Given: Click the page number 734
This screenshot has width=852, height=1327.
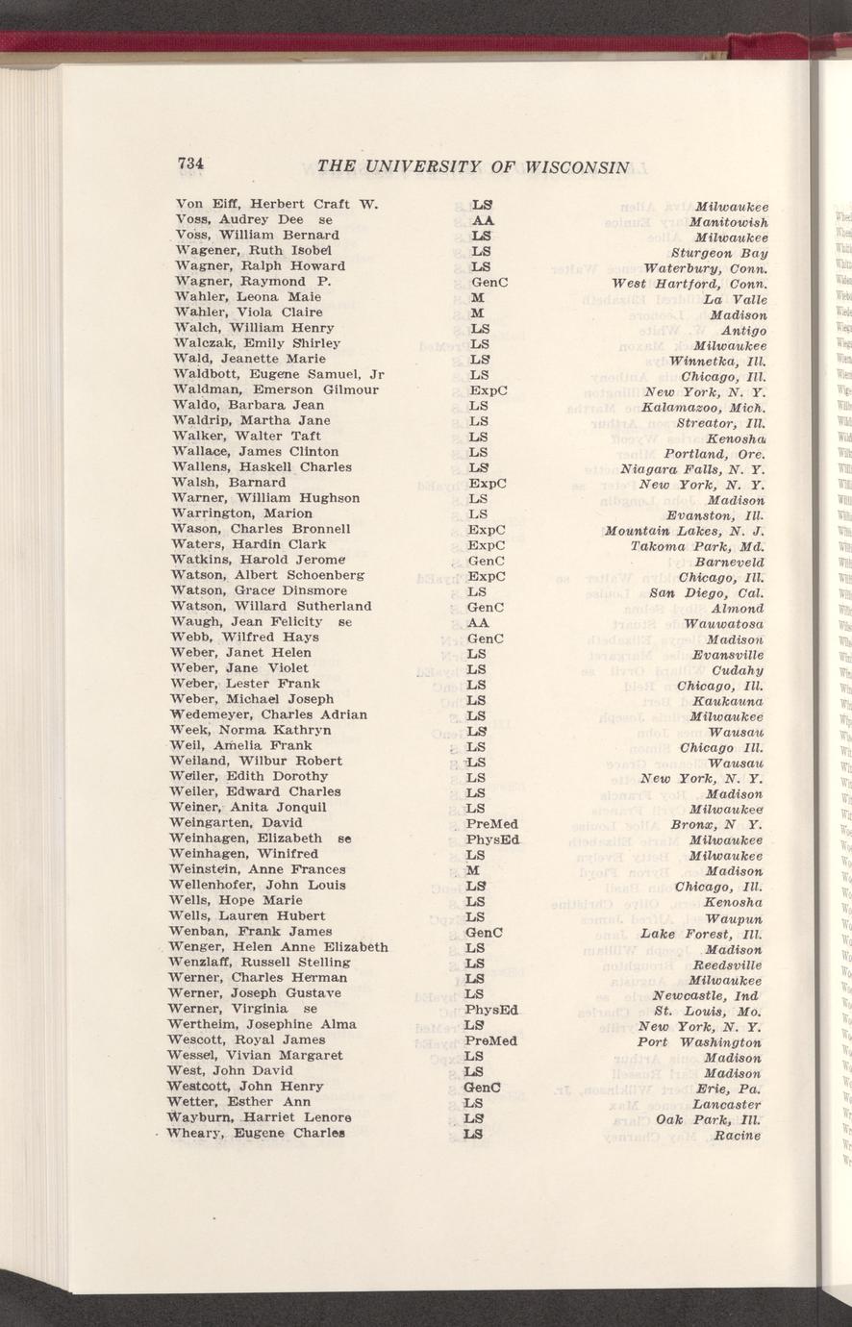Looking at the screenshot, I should click(194, 163).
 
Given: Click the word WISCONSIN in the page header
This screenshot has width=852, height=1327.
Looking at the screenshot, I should click(576, 166).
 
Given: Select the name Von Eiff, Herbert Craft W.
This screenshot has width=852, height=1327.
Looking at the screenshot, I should click(278, 204).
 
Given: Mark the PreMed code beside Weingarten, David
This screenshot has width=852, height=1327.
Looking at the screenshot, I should click(490, 824).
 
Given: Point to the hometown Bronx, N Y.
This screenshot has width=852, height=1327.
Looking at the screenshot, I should click(716, 824).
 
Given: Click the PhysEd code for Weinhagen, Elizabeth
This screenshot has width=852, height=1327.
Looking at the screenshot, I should click(492, 839).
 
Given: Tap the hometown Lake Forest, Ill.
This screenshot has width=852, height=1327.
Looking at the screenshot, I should click(702, 933).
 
